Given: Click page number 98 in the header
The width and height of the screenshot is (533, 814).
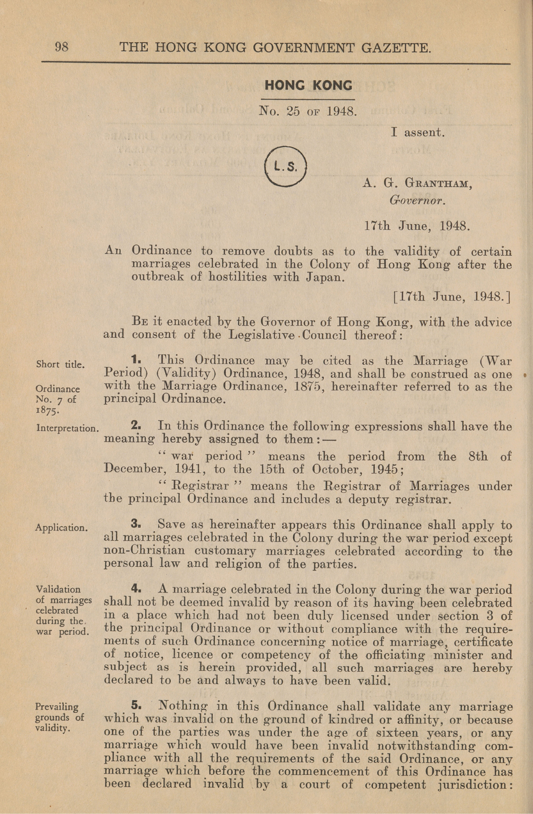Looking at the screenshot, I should coord(62,46).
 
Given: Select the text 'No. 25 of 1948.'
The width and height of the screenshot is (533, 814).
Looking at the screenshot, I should coord(308,112).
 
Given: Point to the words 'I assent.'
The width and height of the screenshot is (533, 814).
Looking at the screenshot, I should coord(418,132).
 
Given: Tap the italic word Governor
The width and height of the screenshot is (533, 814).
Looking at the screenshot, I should coord(417,200).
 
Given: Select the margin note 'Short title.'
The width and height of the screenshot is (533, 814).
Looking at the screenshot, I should coord(60,364).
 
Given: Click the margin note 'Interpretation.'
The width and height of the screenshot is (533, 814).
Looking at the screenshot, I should coord(67,429).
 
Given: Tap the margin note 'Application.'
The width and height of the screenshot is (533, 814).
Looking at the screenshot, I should coord(61,528).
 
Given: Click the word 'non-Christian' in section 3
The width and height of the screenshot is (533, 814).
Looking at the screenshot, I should coord(144,551).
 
